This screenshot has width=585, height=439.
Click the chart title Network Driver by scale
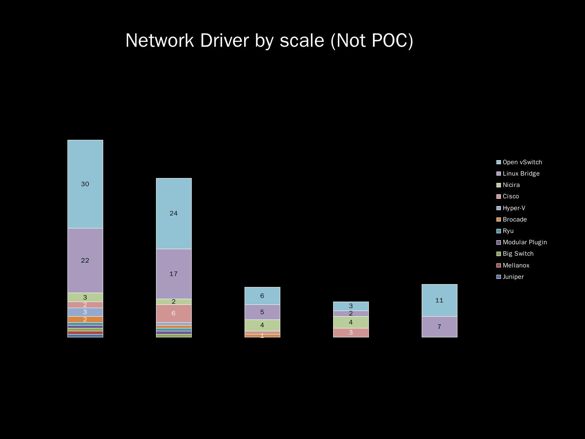point(269,41)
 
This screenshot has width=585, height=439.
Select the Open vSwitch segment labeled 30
point(85,184)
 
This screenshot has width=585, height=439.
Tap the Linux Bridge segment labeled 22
point(85,260)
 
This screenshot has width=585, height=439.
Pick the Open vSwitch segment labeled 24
point(173,213)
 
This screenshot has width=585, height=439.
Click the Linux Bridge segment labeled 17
point(173,274)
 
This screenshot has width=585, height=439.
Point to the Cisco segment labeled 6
point(173,313)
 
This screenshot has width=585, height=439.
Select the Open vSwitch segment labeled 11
point(439,300)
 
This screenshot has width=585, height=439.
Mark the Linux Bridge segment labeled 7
point(439,327)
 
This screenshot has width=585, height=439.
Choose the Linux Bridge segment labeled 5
point(262,312)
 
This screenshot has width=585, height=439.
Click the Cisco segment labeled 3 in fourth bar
point(351,333)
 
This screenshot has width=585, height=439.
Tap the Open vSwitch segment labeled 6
point(262,296)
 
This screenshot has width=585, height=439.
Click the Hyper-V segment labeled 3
point(85,312)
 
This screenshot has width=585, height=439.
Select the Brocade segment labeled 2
point(85,319)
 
